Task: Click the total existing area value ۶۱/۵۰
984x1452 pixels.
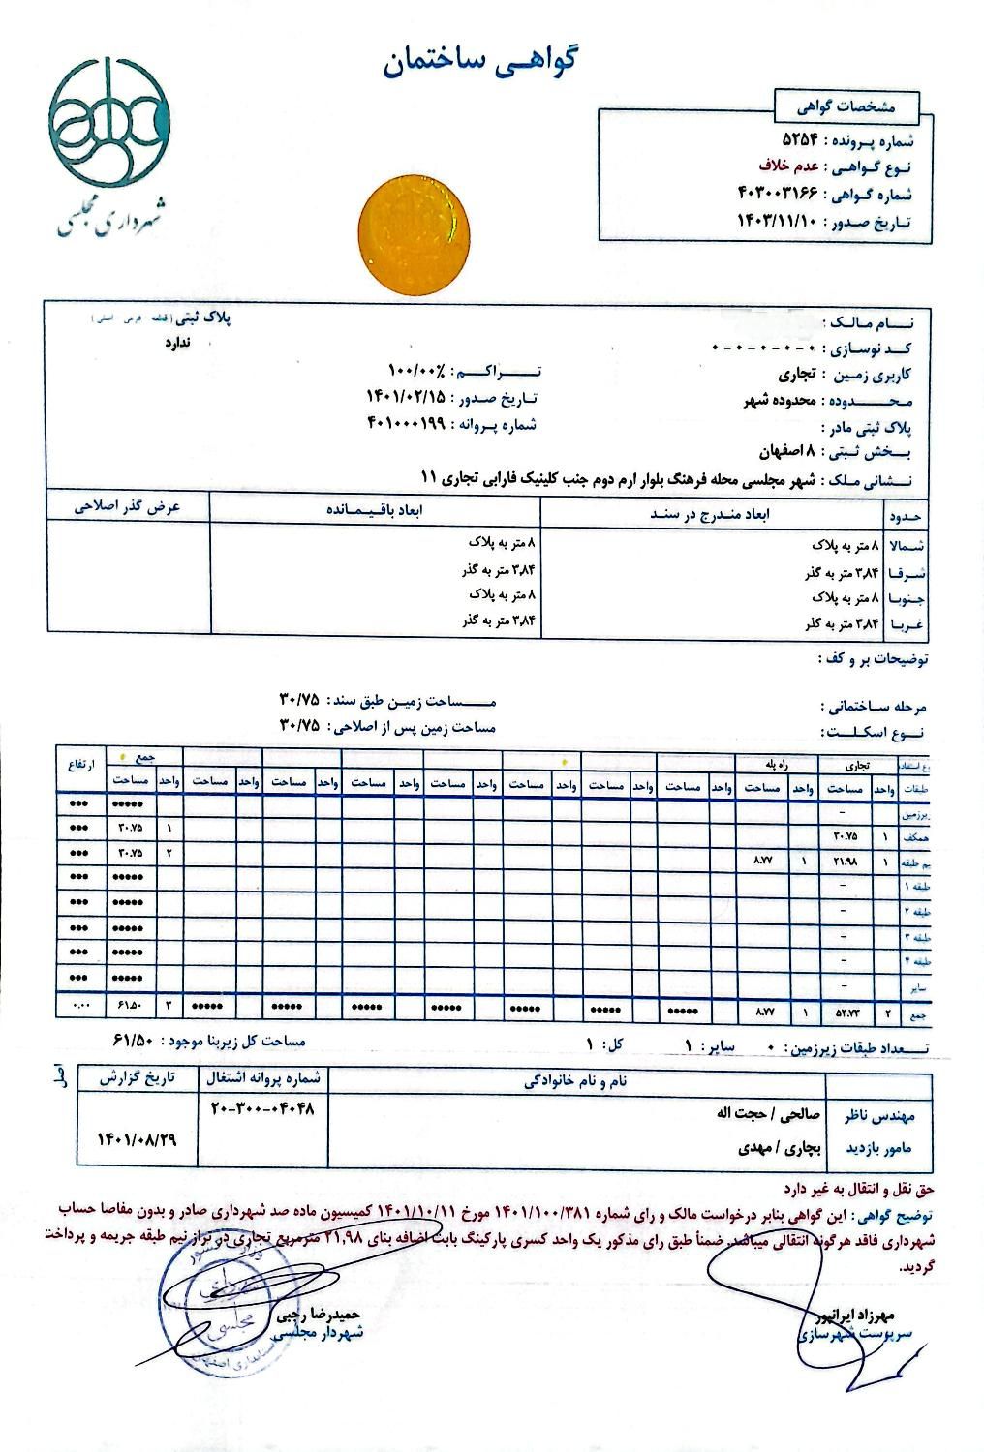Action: [137, 1042]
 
